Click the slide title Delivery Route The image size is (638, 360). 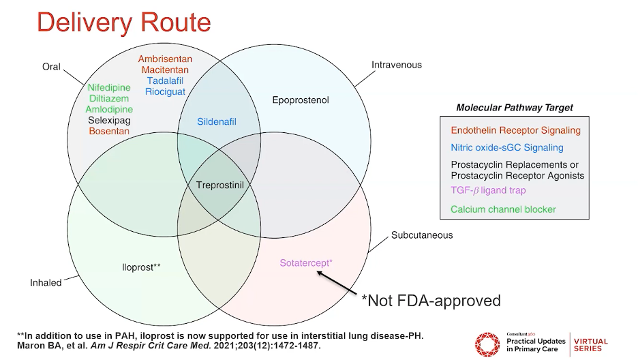click(123, 22)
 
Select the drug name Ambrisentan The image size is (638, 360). click(166, 59)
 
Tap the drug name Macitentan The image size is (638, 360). click(166, 70)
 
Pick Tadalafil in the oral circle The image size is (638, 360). click(166, 80)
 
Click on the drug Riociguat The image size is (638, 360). click(166, 91)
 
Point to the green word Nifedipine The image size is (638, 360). click(109, 87)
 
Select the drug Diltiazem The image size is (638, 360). click(109, 98)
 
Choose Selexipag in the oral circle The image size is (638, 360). click(109, 120)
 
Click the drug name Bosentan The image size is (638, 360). click(109, 131)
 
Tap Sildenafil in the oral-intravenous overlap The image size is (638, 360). click(217, 121)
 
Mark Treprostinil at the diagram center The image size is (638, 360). click(219, 185)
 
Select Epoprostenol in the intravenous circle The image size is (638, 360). click(301, 100)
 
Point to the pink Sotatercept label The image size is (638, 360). click(306, 262)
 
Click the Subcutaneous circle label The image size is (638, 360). click(422, 235)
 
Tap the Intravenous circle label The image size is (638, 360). click(396, 65)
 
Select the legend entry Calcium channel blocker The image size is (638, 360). click(503, 209)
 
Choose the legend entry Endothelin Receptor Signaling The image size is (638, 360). click(515, 130)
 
